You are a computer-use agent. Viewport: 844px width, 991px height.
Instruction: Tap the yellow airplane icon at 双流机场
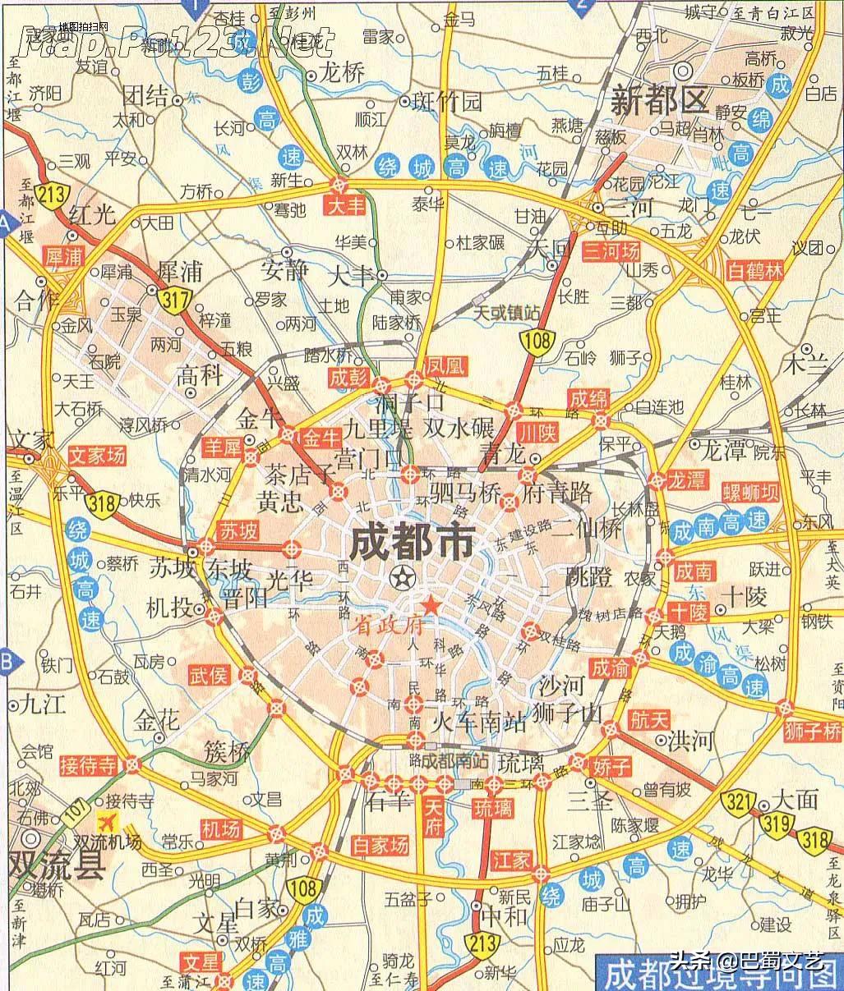click(106, 821)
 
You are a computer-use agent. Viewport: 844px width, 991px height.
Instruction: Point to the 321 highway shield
click(735, 803)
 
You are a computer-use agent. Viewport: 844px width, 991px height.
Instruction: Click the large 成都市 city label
click(412, 542)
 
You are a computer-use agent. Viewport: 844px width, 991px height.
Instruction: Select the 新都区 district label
click(659, 101)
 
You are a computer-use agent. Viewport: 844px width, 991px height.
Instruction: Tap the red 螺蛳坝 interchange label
click(750, 493)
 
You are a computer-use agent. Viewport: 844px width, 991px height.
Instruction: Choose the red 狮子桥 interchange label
click(813, 730)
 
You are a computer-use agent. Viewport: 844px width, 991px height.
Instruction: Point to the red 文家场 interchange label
click(97, 453)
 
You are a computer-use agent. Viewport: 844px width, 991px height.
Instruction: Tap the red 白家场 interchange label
click(380, 844)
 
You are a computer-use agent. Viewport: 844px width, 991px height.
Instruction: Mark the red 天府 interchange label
click(432, 817)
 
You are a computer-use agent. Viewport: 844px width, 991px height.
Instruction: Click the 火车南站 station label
click(479, 723)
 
